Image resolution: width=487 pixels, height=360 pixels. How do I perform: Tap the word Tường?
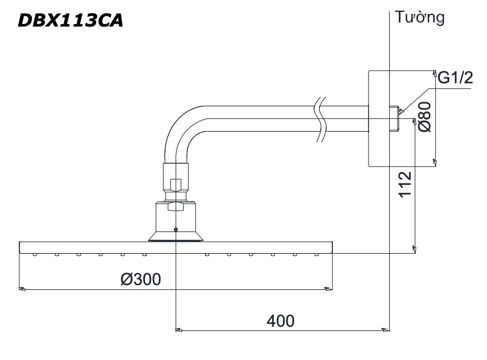coord(419,17)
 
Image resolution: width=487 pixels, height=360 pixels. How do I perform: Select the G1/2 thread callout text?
coord(455,78)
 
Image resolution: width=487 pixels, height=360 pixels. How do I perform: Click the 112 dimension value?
coord(405,184)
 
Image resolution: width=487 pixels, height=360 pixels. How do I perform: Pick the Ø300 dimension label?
coord(140,279)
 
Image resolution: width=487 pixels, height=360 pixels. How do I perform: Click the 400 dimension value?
coord(280,320)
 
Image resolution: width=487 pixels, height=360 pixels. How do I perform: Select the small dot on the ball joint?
coord(175,229)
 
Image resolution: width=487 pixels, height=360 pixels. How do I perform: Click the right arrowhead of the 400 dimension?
coord(386,330)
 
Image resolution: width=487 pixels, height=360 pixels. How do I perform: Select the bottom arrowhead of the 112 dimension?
coord(414,248)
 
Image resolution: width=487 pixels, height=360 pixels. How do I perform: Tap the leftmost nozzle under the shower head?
coord(35,255)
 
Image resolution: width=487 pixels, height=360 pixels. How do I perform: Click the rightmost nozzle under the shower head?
coord(316,255)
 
